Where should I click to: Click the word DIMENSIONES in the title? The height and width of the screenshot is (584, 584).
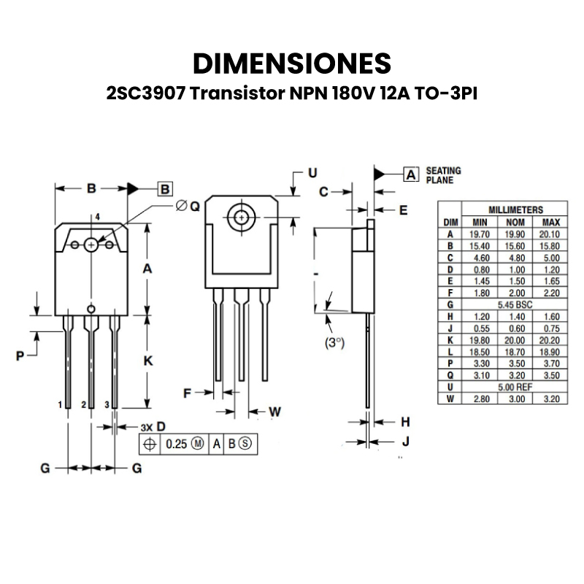pos(292,64)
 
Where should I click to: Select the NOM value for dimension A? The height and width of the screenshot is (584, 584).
pos(515,234)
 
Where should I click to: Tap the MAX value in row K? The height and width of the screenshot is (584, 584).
pos(550,339)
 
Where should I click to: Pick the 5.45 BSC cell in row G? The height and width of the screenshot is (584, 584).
pos(515,303)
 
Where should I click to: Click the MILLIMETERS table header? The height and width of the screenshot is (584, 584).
pos(515,209)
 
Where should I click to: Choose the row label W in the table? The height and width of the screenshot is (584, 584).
pos(450,398)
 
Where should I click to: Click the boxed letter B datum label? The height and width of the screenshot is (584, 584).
pos(165,188)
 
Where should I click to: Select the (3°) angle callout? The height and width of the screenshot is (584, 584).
pos(334,342)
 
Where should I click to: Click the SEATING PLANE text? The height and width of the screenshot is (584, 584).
pos(443,175)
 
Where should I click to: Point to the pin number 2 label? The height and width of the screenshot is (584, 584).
pos(84,404)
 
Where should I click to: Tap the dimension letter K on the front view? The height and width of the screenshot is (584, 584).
pos(147,361)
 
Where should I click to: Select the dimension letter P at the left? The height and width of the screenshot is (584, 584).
pos(20,356)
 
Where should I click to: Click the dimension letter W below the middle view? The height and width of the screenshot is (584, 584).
pos(274,412)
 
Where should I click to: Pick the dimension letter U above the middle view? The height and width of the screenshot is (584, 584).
pos(312,173)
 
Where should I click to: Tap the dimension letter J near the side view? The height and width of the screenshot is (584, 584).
pos(405,442)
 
